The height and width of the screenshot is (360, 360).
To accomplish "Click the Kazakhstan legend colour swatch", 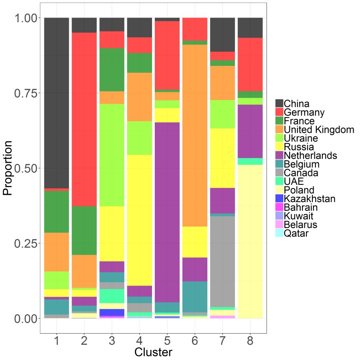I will tap(279, 199).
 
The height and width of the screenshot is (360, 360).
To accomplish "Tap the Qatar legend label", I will tap(296, 233).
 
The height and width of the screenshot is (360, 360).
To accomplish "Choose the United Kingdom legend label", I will tap(319, 130).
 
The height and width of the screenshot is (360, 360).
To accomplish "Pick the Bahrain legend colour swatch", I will tap(279, 207).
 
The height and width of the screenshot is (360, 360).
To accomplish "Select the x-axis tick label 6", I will tap(194, 341).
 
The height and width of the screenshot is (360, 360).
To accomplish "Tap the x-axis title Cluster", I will tap(153, 352).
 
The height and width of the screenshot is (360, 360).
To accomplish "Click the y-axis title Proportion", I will tap(8, 168).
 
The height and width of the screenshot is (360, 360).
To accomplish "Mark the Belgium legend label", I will tap(302, 164).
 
